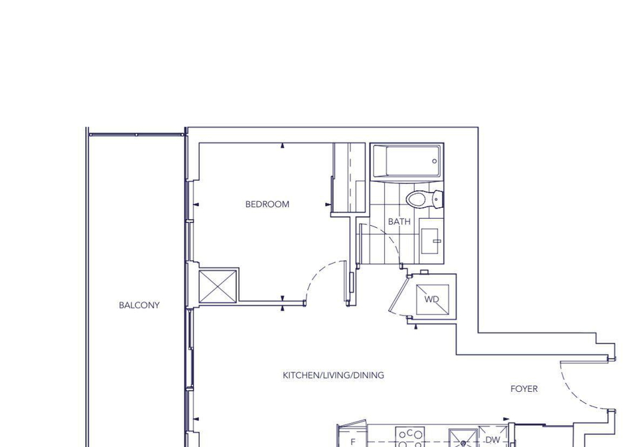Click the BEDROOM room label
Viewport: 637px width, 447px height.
pyautogui.click(x=267, y=204)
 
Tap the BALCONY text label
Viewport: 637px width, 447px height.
pyautogui.click(x=139, y=305)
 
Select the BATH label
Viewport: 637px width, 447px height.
pyautogui.click(x=399, y=222)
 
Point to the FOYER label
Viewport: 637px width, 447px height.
pyautogui.click(x=524, y=389)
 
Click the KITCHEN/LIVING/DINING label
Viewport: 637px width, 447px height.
pyautogui.click(x=334, y=375)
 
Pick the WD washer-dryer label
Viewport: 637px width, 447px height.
pyautogui.click(x=432, y=300)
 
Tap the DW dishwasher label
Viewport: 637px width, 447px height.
pyautogui.click(x=493, y=440)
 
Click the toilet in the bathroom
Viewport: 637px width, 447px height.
pyautogui.click(x=425, y=199)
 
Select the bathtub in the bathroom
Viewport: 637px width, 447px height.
pyautogui.click(x=407, y=161)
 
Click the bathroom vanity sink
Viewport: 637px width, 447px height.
pyautogui.click(x=431, y=240)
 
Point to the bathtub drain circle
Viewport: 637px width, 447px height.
pyautogui.click(x=434, y=161)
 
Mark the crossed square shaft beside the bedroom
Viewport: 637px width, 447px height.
pyautogui.click(x=218, y=286)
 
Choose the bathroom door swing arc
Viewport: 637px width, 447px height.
pyautogui.click(x=386, y=238)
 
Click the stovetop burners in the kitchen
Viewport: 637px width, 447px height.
pyautogui.click(x=410, y=437)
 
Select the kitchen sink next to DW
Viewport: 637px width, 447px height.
pyautogui.click(x=463, y=438)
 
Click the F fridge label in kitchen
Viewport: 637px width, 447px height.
pyautogui.click(x=353, y=442)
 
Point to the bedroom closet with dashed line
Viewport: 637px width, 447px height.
pyautogui.click(x=349, y=177)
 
